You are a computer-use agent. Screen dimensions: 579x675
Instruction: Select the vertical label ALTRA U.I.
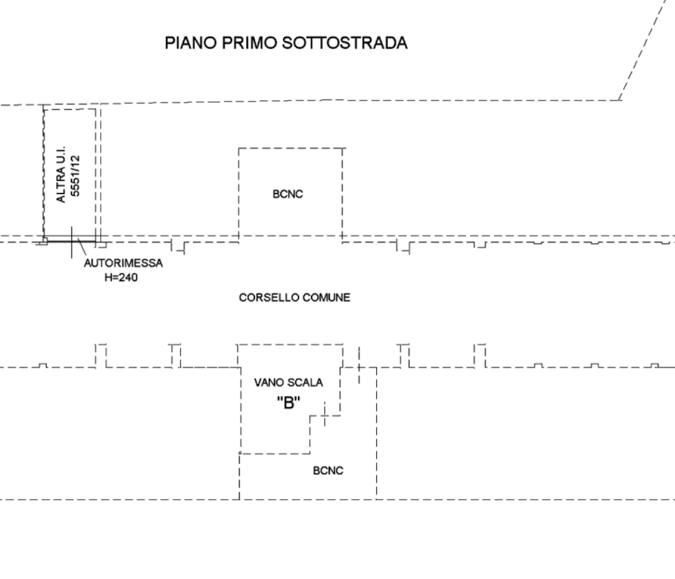click(x=61, y=174)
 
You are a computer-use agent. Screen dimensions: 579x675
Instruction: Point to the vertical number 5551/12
click(x=76, y=176)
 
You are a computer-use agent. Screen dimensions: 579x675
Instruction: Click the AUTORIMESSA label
click(x=124, y=264)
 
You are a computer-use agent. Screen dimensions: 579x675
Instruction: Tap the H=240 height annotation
click(x=121, y=277)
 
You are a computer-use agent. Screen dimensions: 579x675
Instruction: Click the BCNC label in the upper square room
click(x=288, y=194)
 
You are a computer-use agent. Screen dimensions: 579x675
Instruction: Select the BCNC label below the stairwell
click(x=328, y=471)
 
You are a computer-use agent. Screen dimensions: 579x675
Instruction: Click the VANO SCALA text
click(x=288, y=383)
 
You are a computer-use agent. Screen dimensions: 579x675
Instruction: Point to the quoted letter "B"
click(x=288, y=402)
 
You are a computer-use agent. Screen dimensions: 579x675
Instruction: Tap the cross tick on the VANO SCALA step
click(x=325, y=414)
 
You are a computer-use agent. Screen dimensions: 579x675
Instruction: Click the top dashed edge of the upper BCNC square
click(x=290, y=148)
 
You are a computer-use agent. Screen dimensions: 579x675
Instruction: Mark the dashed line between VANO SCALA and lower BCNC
click(x=274, y=453)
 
